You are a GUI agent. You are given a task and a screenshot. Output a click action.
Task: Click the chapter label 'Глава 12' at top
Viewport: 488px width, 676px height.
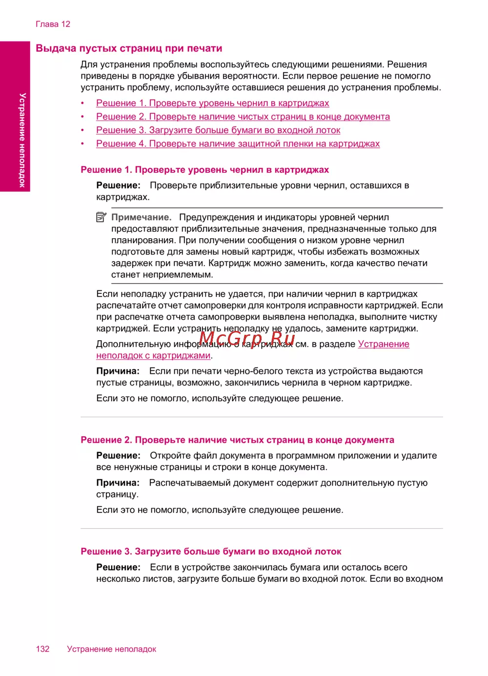(x=53, y=24)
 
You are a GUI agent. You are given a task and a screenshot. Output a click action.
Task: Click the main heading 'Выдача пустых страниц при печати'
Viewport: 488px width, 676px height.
(x=129, y=48)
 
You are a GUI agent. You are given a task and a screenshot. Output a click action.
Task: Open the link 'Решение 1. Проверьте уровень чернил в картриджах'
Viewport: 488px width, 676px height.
(x=212, y=103)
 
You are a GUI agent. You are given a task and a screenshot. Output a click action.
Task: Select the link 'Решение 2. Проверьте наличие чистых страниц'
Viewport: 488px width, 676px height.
(x=243, y=117)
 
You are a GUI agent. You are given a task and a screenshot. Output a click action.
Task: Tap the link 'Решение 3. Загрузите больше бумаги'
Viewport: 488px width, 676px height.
(x=218, y=130)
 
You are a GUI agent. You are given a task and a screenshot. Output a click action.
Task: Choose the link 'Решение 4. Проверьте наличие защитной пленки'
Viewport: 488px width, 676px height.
(x=238, y=144)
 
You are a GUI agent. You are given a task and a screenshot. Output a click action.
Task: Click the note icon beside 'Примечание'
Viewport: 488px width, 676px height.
(x=101, y=217)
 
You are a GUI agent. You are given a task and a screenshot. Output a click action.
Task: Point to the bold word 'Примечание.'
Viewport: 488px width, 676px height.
(x=142, y=217)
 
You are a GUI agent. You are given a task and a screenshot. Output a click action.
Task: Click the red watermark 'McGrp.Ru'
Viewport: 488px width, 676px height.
(x=247, y=338)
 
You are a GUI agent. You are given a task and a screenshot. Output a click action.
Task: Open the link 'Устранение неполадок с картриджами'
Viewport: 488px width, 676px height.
(x=153, y=356)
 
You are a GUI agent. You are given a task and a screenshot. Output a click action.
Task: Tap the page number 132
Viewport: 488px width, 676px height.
(x=42, y=649)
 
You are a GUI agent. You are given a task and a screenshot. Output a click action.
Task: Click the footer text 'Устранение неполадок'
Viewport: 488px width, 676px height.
(x=111, y=649)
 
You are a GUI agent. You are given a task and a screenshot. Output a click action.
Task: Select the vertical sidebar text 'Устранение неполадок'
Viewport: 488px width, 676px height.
(x=22, y=140)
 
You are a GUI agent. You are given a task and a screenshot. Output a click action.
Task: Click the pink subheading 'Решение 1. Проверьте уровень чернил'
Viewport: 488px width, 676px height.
(x=204, y=170)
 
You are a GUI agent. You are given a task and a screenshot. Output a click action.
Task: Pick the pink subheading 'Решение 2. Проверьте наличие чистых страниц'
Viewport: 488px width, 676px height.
(x=237, y=440)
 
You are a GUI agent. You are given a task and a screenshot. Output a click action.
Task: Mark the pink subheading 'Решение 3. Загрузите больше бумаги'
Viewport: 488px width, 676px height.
(x=211, y=552)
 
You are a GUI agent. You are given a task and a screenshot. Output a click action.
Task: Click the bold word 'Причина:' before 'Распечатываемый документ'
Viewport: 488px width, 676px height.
(x=118, y=483)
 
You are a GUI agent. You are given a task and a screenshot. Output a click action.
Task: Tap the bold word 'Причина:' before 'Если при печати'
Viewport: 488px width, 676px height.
(x=118, y=371)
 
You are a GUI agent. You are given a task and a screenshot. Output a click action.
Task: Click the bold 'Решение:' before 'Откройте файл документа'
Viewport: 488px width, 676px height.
(x=118, y=455)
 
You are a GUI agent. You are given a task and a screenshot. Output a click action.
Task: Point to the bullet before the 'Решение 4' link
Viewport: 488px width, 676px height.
(x=82, y=144)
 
